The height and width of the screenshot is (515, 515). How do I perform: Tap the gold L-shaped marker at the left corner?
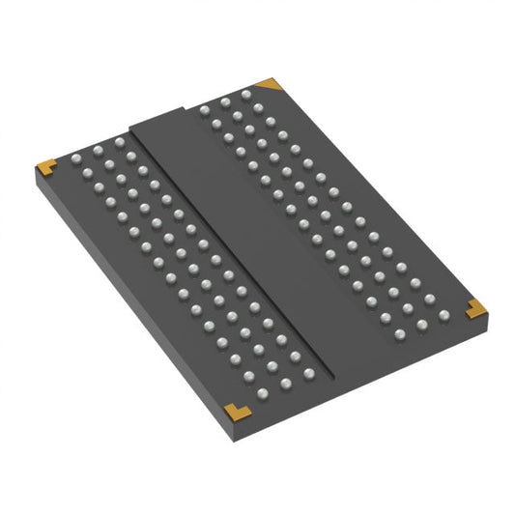click(44, 167)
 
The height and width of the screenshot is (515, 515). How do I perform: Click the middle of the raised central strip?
click(250, 242)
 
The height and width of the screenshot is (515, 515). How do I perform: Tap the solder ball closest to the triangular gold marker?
click(246, 95)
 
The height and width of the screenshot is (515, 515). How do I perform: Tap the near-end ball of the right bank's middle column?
click(419, 325)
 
